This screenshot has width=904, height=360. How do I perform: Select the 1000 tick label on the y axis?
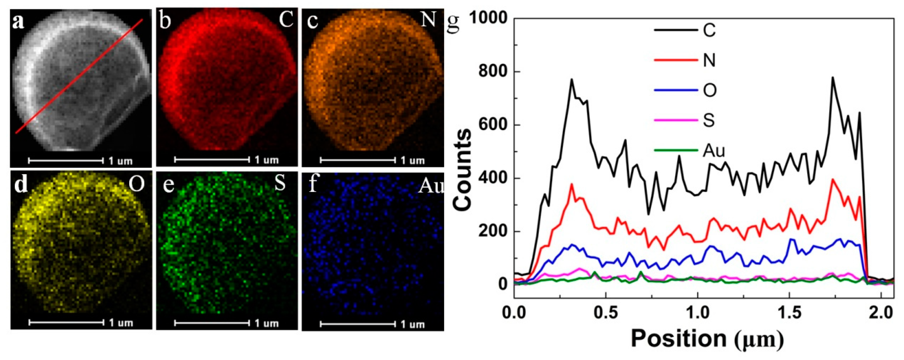(488, 18)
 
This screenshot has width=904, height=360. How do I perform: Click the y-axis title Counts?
(462, 170)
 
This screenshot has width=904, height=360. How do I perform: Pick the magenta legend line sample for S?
(675, 120)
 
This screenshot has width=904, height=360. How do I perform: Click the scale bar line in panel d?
(66, 322)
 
